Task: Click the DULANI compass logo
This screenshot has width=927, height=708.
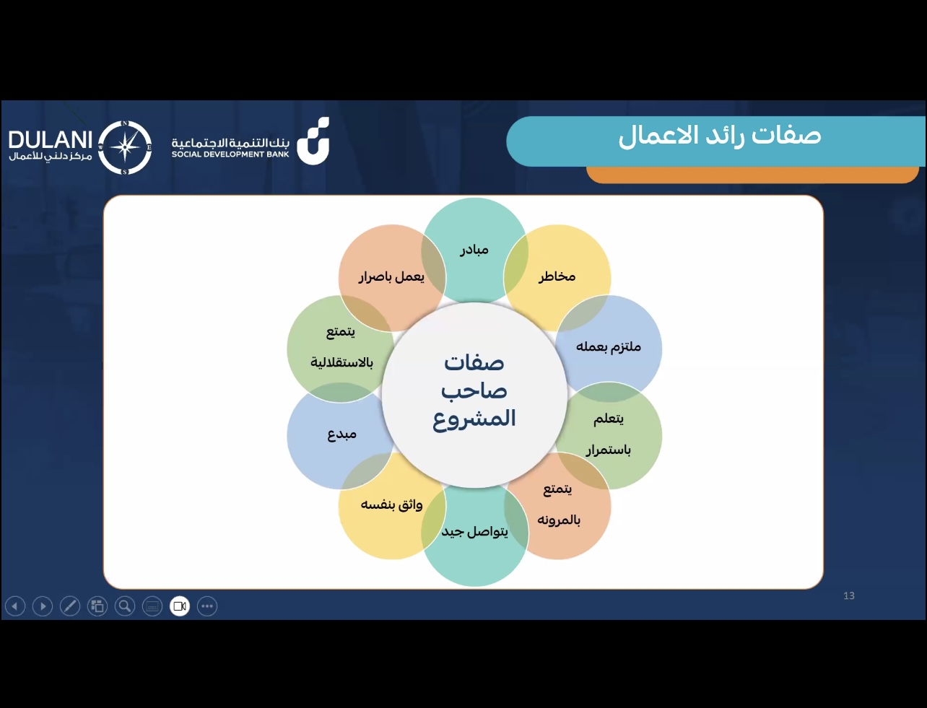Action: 125,147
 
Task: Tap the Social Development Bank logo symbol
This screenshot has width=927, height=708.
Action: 313,141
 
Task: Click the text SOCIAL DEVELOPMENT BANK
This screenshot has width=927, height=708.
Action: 230,154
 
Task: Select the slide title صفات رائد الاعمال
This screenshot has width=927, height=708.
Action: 720,136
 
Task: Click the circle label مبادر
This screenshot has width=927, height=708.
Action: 474,250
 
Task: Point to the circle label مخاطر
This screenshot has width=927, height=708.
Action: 557,277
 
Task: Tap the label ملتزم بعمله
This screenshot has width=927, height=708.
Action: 609,347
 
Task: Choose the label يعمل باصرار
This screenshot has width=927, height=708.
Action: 391,277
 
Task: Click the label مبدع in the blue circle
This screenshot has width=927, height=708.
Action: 341,434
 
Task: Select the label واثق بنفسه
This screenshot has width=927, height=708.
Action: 391,504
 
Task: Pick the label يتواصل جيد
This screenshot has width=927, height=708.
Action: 475,531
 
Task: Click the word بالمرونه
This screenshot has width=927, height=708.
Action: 559,520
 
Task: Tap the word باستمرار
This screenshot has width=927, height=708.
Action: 608,450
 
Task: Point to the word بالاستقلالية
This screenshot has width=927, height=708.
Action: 341,362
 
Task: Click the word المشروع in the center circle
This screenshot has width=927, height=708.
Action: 474,419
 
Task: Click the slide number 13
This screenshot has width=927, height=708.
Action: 849,595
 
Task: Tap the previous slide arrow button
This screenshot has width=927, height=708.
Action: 15,606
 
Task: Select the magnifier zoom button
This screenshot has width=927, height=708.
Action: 125,606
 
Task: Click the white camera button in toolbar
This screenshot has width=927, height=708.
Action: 180,606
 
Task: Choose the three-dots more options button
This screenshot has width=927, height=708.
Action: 207,606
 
